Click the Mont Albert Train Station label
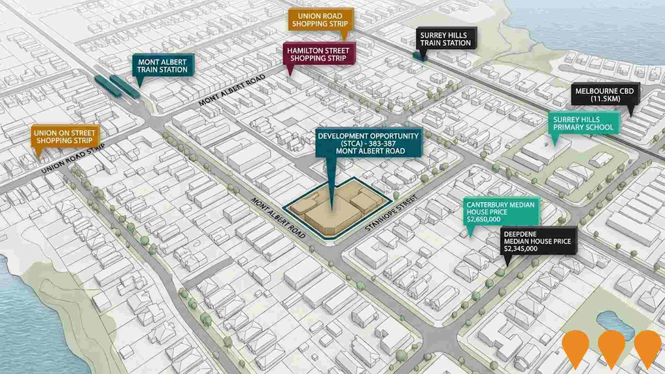point(162,66)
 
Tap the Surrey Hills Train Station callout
point(445,39)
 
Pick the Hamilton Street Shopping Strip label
point(318,54)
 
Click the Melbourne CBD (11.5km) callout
point(604,95)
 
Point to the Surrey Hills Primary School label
point(583,124)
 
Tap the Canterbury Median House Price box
point(500,212)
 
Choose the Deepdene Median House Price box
point(537,241)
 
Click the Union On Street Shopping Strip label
point(64,137)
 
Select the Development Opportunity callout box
point(368,143)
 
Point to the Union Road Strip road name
point(73,159)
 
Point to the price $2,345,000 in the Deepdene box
point(521,249)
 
